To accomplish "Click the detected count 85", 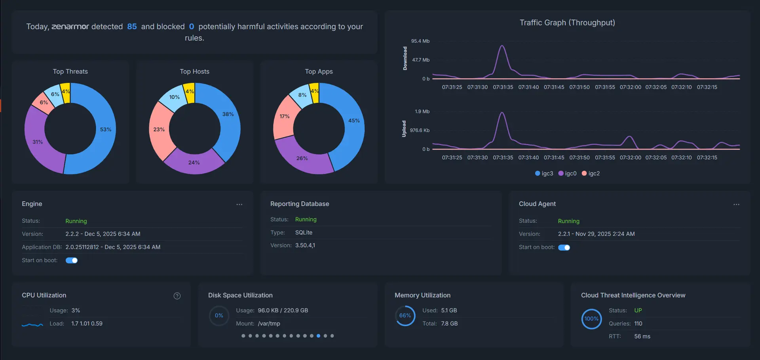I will pos(132,27).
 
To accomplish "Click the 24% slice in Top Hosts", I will pos(194,162).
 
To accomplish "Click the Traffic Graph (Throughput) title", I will pos(567,23).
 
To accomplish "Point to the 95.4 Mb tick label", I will pos(420,41).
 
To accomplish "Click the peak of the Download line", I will pos(502,46).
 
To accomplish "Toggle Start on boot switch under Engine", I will pos(72,260).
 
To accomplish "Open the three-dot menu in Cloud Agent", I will pos(736,205).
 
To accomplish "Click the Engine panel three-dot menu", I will pos(239,205).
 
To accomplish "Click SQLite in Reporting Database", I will pos(304,232).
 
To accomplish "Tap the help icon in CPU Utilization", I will pos(177,296).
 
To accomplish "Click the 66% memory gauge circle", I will pos(405,316).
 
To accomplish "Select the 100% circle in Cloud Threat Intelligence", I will pos(591,319).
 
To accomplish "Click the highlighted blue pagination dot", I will pos(318,336).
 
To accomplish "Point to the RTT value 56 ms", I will pos(642,336).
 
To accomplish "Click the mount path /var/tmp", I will pos(269,324).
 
